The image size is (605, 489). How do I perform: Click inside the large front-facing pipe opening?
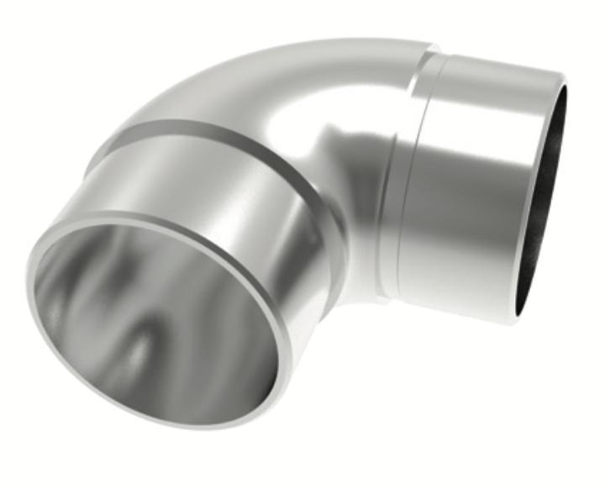click(155, 323)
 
